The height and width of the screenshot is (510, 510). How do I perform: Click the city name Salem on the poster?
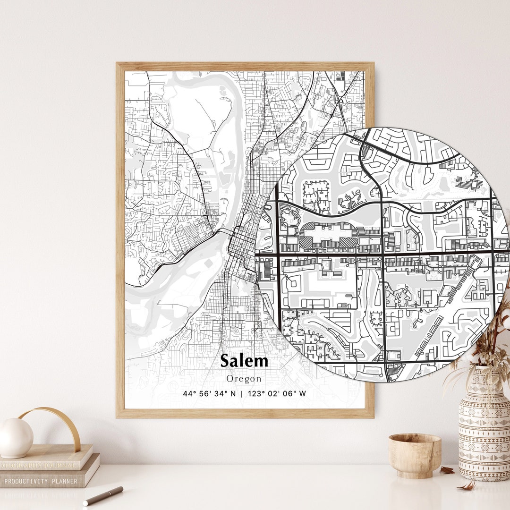click(x=244, y=361)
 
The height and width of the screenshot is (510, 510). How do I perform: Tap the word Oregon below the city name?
click(x=244, y=379)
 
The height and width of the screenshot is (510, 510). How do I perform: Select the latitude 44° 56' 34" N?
click(x=209, y=393)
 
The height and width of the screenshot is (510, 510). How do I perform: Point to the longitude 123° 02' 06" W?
click(x=277, y=393)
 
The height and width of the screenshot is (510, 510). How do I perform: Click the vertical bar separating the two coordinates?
click(x=242, y=393)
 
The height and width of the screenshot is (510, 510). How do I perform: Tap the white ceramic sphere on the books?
click(x=16, y=438)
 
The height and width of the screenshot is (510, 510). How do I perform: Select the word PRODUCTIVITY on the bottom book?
click(x=27, y=481)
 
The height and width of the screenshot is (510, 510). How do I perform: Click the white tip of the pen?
click(x=86, y=503)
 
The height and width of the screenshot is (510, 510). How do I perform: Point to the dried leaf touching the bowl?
click(x=447, y=469)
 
